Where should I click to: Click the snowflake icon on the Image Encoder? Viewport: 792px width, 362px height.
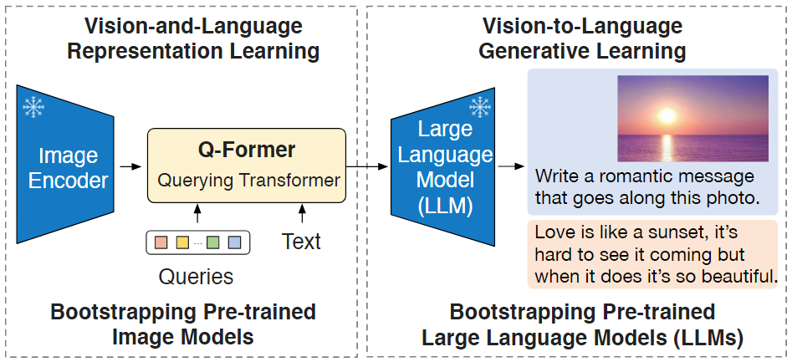click(33, 106)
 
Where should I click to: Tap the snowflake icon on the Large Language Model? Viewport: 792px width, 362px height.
click(479, 106)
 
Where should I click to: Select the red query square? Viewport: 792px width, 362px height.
click(159, 242)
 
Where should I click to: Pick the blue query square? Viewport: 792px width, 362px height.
click(234, 242)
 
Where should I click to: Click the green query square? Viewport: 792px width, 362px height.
click(212, 242)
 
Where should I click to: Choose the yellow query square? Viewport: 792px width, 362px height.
click(181, 242)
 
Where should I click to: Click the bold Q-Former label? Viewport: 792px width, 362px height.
click(246, 150)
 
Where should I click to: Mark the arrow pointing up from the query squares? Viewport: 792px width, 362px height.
click(197, 214)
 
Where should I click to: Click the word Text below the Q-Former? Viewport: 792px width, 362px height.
click(301, 242)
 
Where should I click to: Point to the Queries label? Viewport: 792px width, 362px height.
click(197, 276)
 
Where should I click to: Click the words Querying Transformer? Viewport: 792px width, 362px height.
click(248, 180)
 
